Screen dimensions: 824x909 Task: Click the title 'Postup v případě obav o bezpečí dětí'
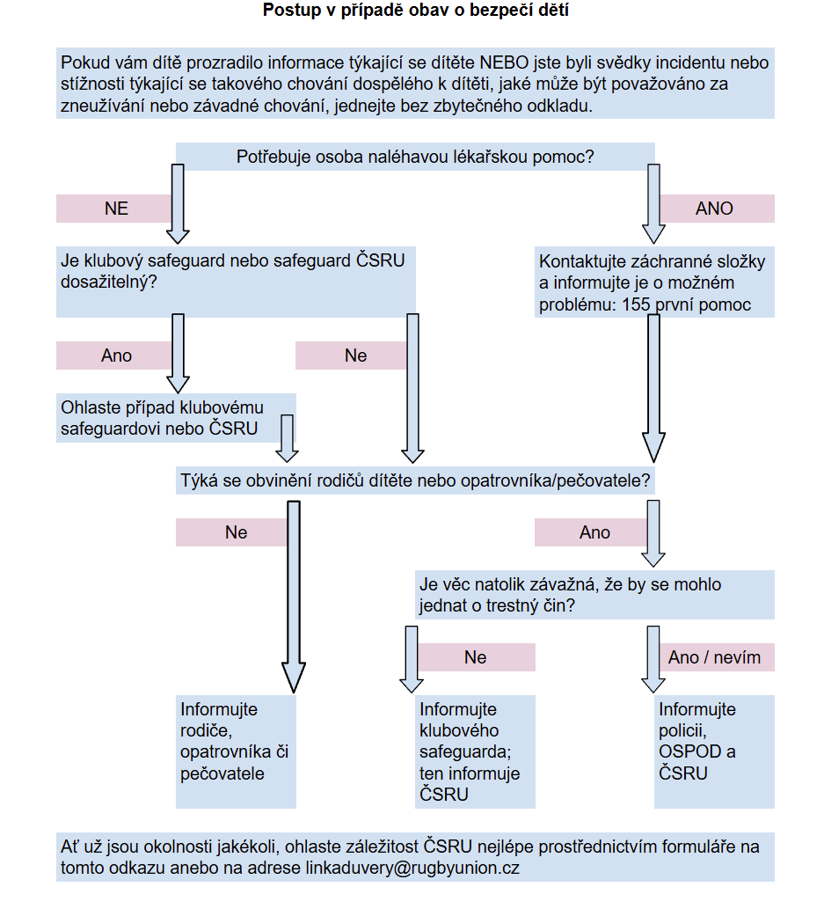[x=415, y=10]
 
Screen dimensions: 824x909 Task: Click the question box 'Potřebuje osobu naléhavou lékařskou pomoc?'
[x=415, y=157]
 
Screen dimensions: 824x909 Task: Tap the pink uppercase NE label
[x=116, y=209]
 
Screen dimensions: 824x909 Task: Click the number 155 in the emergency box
[x=636, y=304]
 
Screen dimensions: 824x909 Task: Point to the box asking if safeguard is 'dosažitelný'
[x=236, y=282]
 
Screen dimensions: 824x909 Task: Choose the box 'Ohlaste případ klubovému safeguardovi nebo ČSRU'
[x=176, y=418]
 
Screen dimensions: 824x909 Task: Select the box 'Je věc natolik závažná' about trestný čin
[x=595, y=595]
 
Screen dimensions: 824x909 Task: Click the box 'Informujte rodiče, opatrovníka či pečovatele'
[x=236, y=751]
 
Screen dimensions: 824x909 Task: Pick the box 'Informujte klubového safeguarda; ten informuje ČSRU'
[x=475, y=751]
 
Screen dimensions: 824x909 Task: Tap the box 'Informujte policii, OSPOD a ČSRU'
[x=714, y=751]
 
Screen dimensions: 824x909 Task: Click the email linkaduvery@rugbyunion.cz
[x=412, y=868]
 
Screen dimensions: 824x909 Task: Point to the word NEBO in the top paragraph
[x=505, y=62]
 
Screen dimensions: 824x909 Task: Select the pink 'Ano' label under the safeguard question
[x=116, y=356]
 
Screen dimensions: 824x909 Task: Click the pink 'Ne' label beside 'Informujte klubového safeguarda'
[x=475, y=657]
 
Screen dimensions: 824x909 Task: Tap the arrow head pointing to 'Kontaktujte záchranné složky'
[x=653, y=234]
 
